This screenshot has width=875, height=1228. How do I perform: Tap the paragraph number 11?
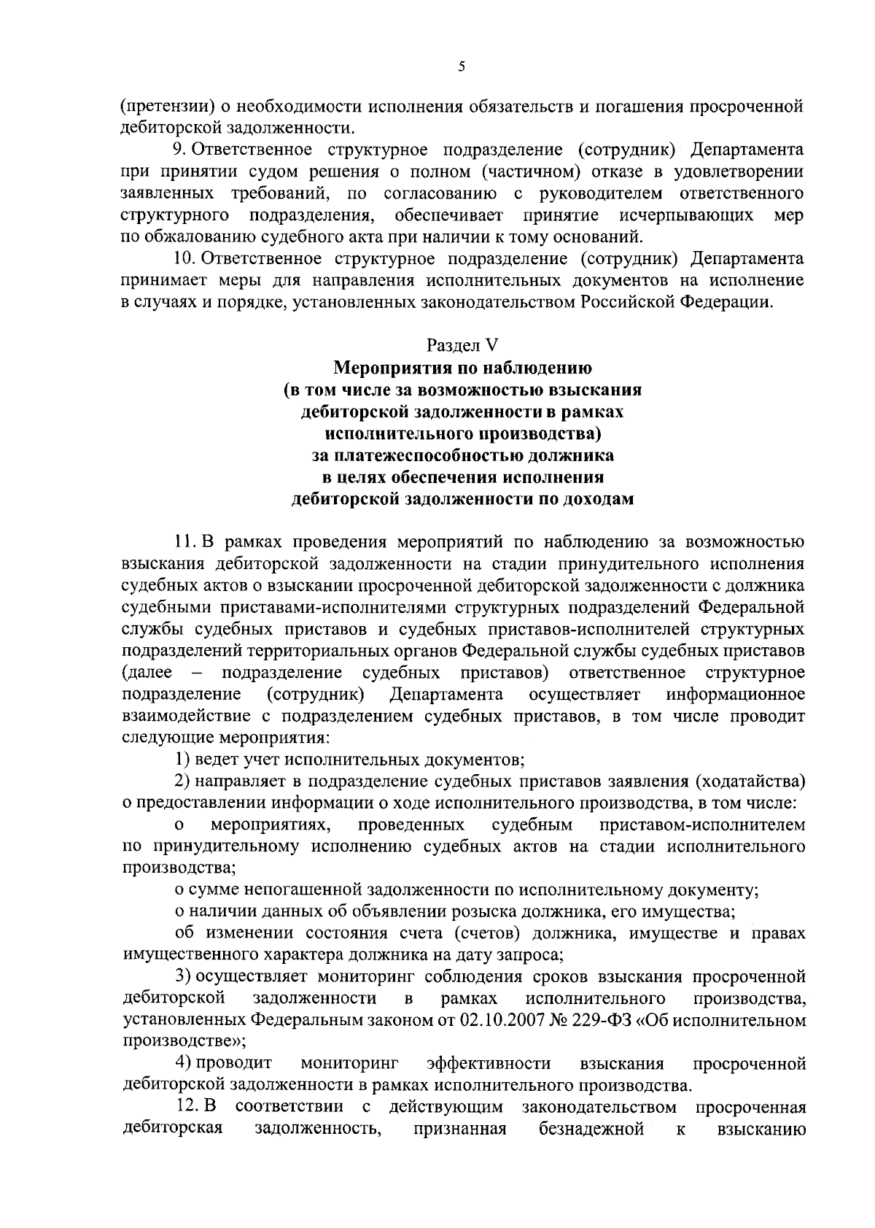tap(184, 541)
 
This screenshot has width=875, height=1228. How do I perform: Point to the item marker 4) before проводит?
tap(184, 1064)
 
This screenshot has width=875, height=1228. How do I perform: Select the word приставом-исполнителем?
tap(702, 825)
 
